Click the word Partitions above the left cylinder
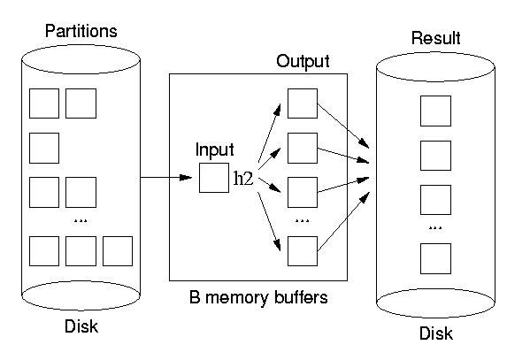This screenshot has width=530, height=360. [x=81, y=31]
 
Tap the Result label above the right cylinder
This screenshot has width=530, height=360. [x=435, y=38]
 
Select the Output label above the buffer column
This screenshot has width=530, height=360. [x=303, y=62]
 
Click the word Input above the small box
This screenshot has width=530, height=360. [x=215, y=149]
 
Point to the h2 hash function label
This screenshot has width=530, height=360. [x=243, y=178]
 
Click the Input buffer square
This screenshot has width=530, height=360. [x=214, y=178]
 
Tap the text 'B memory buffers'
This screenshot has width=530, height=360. [x=258, y=297]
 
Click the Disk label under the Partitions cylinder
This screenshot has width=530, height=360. [x=81, y=326]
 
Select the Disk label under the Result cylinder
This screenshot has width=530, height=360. [x=436, y=333]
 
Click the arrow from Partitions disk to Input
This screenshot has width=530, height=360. [x=166, y=177]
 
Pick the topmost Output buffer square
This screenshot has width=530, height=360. [x=303, y=103]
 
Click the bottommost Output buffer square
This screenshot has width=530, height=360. [x=303, y=251]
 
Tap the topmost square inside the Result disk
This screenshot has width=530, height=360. [x=435, y=111]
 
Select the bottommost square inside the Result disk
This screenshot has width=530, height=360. [x=435, y=258]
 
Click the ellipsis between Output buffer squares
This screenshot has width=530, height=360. [x=303, y=221]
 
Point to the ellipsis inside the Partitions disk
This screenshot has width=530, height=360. [x=81, y=221]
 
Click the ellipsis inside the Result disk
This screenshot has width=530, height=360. [x=435, y=228]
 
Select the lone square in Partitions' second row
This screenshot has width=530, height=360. [x=44, y=148]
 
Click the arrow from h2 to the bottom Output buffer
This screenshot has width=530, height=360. [x=269, y=222]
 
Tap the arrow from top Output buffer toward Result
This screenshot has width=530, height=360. [x=343, y=126]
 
